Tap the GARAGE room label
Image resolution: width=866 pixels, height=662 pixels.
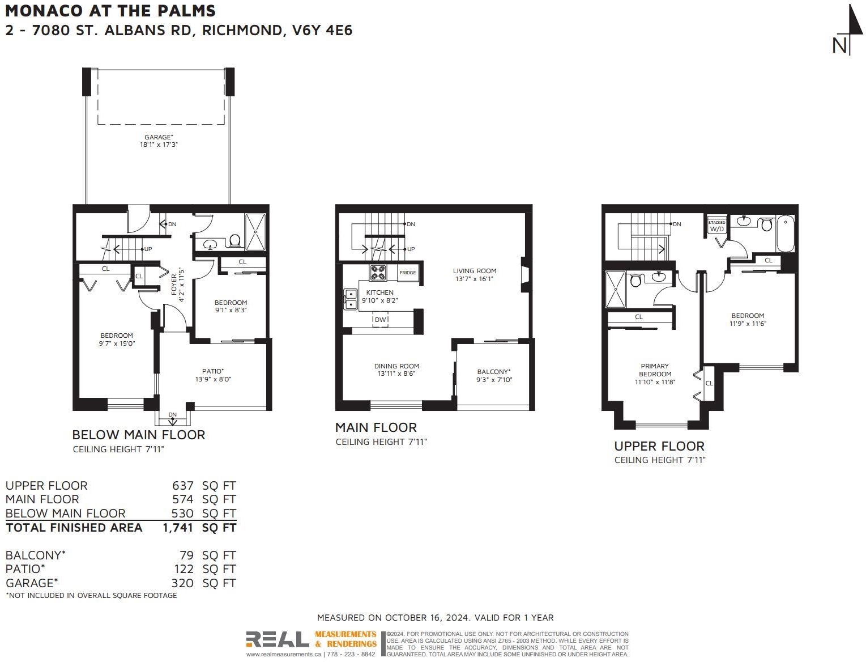[x=158, y=137]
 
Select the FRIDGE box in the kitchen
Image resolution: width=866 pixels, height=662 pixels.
[x=408, y=273]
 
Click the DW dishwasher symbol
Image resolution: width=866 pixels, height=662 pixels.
[x=381, y=319]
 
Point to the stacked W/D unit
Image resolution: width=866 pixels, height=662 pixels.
[x=716, y=226]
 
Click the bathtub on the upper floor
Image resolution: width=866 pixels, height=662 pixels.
[x=785, y=234]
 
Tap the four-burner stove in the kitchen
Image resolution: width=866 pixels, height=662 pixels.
[x=378, y=273]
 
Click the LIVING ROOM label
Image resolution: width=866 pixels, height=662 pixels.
[x=475, y=271]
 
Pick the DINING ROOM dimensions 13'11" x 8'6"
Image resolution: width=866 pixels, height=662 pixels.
[x=396, y=374]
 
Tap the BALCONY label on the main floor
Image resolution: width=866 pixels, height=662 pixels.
[x=494, y=372]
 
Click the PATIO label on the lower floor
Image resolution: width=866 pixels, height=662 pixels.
[x=213, y=371]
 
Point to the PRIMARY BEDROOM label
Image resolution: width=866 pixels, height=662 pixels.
[x=655, y=370]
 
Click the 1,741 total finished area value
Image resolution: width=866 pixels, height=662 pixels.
[x=178, y=528]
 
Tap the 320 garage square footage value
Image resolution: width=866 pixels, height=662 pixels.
[x=182, y=583]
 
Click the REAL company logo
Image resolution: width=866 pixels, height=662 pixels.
[x=278, y=639]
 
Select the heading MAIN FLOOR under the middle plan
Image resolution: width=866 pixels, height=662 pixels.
[x=376, y=427]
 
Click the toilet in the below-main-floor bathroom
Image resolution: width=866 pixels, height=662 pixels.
[x=235, y=240]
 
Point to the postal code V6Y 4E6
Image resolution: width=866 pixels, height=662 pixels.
[x=322, y=30]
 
